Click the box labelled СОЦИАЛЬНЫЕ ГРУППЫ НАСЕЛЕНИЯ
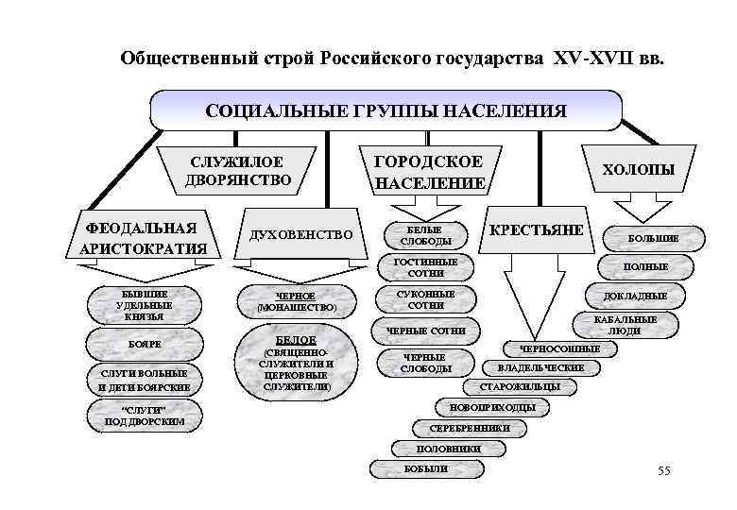(x=386, y=110)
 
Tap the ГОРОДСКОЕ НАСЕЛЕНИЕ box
(x=430, y=171)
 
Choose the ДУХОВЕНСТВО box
(x=300, y=234)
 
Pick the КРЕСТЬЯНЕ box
(x=536, y=230)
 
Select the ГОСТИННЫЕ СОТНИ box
(x=426, y=267)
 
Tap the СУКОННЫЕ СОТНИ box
(x=426, y=299)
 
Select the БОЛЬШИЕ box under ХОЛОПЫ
(x=653, y=238)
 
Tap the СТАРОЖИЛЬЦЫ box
(x=520, y=386)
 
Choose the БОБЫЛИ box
(x=424, y=468)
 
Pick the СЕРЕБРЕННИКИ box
(x=470, y=428)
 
